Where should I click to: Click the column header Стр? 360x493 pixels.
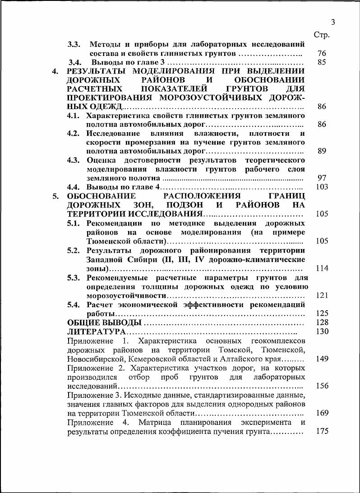pos(322,35)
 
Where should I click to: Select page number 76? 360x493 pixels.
pos(322,54)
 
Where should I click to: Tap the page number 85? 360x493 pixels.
pos(322,63)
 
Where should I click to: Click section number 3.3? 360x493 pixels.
pos(74,45)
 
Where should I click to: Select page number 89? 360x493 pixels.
pos(322,151)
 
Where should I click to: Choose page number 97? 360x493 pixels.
pos(322,178)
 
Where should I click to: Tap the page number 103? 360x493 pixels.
pos(322,187)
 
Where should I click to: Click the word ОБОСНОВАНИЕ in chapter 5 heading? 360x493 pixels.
pos(102,196)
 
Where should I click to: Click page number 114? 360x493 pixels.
pos(322,268)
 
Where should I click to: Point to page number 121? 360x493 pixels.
pos(322,295)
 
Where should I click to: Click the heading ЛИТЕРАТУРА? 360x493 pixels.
pos(96,332)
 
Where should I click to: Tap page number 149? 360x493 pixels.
pos(322,359)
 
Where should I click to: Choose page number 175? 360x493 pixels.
pos(322,432)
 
